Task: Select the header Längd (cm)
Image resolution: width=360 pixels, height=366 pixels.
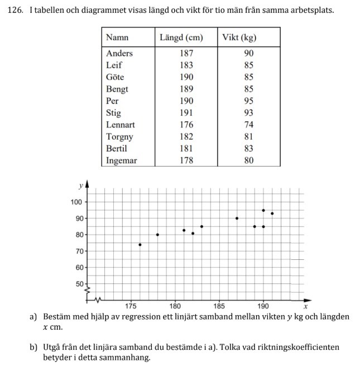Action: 181,38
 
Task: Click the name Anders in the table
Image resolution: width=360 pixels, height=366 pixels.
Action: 119,53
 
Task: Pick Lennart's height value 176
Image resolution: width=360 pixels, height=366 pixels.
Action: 186,125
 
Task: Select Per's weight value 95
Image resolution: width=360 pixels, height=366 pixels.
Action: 248,101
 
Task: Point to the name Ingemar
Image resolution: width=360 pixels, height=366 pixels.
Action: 122,160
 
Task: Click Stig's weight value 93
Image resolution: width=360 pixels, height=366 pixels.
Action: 248,113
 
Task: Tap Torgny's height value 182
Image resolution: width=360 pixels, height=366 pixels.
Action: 186,136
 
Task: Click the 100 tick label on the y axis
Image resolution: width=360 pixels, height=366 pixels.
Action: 76,202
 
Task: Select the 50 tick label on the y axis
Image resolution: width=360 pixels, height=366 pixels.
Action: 78,283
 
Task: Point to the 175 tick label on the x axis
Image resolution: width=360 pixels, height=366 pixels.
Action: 131,307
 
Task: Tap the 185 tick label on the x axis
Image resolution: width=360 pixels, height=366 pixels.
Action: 219,307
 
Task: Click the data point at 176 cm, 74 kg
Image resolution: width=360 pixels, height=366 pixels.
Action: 140,245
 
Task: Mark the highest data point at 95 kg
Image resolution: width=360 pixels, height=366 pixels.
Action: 263,210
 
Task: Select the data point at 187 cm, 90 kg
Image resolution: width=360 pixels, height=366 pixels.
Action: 237,218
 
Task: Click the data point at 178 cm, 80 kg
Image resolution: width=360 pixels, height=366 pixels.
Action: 157,235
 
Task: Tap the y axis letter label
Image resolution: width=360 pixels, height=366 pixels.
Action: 81,185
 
